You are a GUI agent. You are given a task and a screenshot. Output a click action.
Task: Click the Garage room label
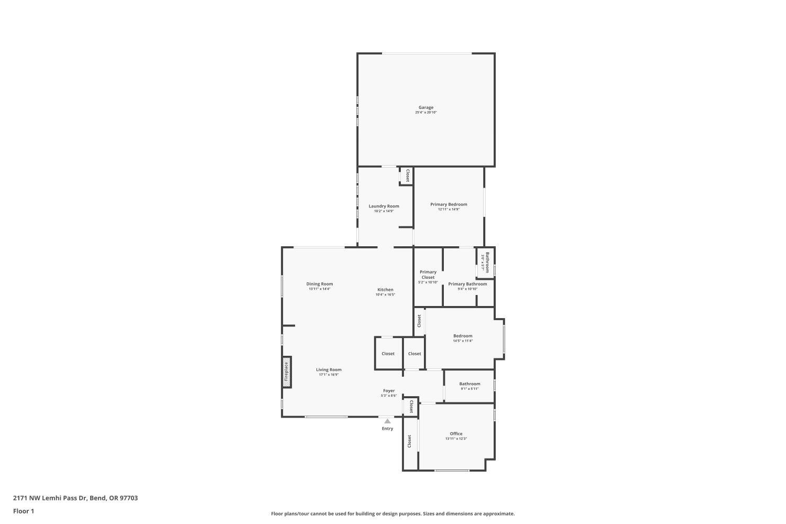point(425,107)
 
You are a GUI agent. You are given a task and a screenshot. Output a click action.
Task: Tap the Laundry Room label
point(384,206)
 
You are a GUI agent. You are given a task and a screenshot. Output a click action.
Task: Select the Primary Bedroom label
point(449,204)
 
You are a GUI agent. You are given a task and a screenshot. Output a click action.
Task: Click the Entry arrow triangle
point(387,421)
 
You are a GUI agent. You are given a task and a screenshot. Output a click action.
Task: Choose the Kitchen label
point(385,290)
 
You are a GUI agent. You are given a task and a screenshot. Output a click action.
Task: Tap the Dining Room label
point(320,284)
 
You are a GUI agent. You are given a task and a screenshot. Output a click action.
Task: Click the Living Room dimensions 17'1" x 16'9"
point(329,375)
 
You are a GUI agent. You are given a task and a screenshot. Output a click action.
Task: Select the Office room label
point(456,433)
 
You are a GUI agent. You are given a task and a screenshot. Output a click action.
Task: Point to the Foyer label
point(389,390)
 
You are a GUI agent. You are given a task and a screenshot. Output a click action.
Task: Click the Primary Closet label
point(428,275)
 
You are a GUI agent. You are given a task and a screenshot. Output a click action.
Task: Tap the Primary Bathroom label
point(467,284)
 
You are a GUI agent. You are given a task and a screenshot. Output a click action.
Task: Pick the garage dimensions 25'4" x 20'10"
point(425,112)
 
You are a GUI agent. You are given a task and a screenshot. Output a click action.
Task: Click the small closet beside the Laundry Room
point(407,176)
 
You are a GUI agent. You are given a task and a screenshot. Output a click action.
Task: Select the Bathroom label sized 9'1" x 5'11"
point(470,384)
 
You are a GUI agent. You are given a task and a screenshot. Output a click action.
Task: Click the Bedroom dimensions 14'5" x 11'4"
point(463,341)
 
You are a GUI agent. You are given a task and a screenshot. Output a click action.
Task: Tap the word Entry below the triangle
point(387,429)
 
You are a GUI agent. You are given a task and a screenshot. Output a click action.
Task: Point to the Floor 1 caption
point(24,511)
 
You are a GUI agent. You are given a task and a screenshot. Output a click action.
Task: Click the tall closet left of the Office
point(410,441)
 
